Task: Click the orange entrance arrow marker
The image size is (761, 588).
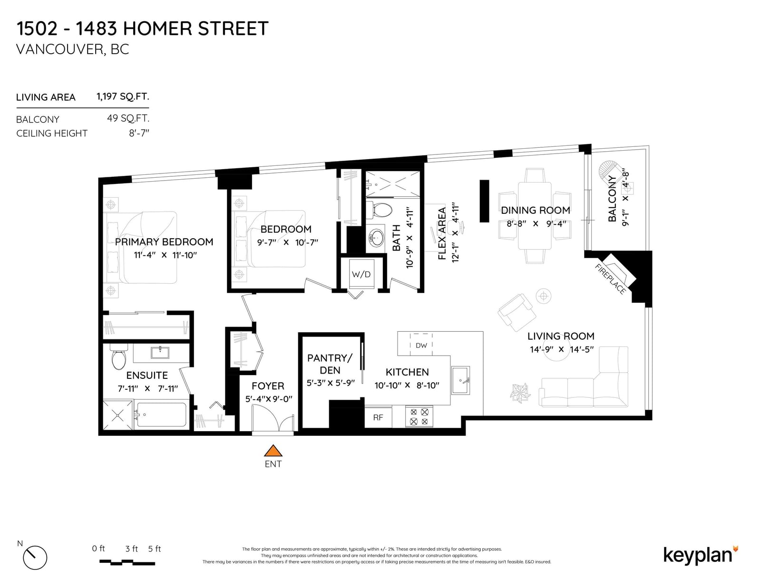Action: point(273,451)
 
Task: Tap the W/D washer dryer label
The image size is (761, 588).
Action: point(361,274)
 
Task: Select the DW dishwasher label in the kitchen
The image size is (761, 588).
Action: point(421,346)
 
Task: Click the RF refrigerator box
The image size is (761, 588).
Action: point(378,417)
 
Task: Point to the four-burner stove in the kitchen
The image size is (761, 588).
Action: point(419,416)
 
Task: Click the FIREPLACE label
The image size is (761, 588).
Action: point(610,279)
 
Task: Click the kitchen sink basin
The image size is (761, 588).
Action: point(460,380)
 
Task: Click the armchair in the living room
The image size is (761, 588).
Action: point(517,312)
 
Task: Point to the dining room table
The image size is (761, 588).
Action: point(535,216)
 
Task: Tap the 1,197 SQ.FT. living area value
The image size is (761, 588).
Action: point(123,96)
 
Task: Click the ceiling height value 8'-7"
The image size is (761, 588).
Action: point(139,133)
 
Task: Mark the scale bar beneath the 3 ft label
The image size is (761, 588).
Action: point(127,562)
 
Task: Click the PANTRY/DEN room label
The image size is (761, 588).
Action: point(330,364)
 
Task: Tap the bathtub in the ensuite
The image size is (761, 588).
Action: point(161,414)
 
